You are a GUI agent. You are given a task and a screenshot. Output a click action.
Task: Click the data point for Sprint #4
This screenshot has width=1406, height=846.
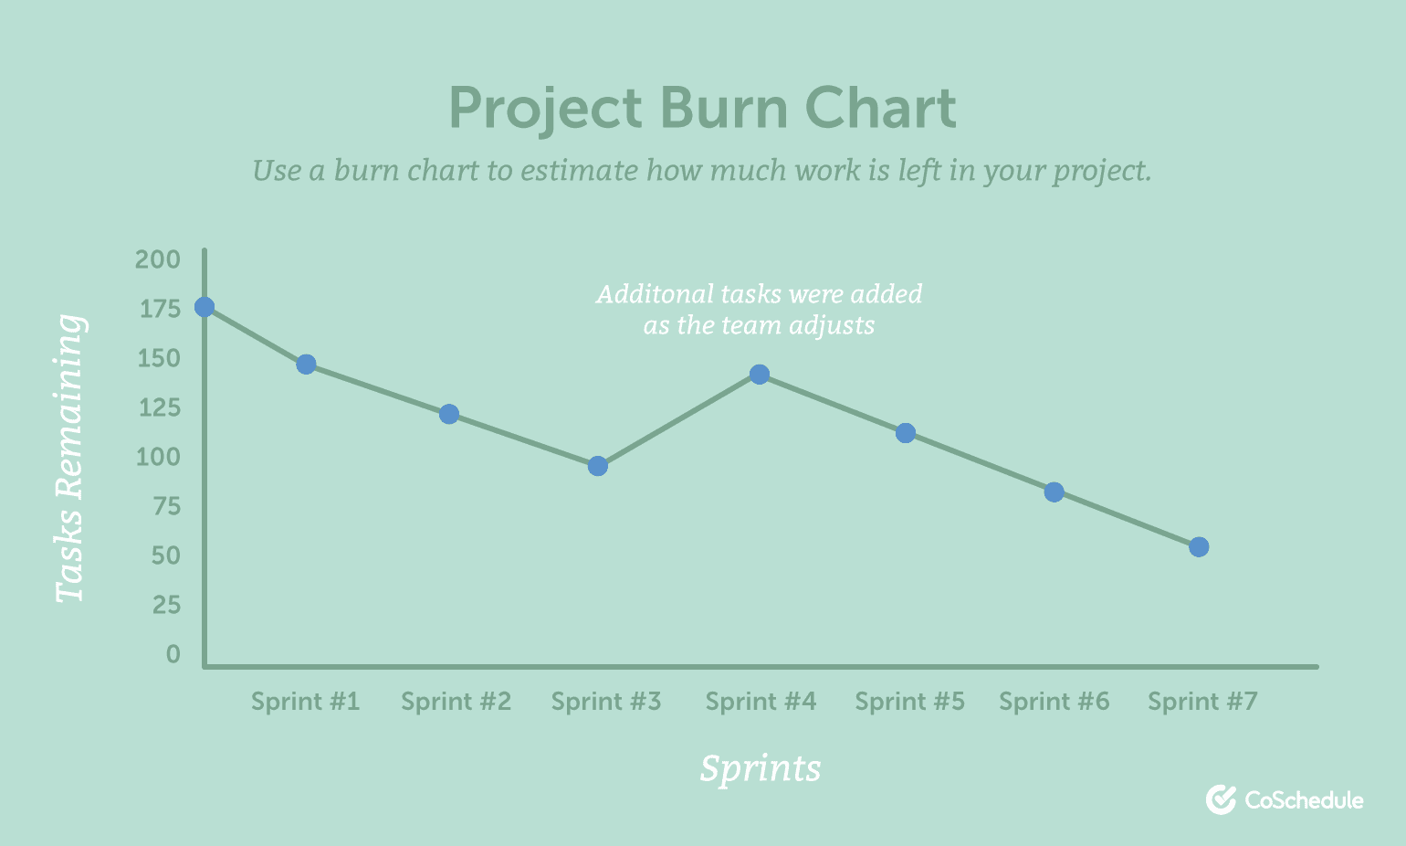tap(760, 375)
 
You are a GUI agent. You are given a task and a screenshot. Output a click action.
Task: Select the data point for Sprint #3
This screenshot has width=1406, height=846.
tap(597, 466)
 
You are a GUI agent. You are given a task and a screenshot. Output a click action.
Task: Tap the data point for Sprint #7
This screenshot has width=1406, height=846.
tap(1199, 547)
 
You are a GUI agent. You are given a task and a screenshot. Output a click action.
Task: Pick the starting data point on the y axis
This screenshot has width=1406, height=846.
tap(204, 307)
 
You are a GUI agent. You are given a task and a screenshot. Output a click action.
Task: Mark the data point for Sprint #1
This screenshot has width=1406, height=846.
tap(306, 365)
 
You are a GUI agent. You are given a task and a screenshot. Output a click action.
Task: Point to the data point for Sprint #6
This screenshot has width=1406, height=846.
tap(1054, 492)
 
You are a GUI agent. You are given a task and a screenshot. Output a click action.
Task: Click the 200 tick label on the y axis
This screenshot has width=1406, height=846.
tap(158, 259)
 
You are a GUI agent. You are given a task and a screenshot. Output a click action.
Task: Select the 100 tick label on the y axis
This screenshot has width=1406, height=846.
tap(158, 457)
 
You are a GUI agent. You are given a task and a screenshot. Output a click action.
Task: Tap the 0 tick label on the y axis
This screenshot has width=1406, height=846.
tap(173, 654)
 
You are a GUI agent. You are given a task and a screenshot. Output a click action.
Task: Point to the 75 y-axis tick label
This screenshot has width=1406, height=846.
tap(166, 506)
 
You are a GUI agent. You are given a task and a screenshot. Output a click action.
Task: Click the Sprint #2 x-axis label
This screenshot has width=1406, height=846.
tap(456, 701)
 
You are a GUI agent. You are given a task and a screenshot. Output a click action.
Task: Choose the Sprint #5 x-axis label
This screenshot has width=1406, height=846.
tap(910, 701)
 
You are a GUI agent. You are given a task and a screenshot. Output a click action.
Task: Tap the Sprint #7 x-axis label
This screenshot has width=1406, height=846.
tap(1202, 701)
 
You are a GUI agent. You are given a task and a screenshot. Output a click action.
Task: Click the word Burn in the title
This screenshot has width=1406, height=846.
tap(723, 108)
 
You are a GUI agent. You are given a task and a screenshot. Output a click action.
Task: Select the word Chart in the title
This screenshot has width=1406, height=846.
tap(881, 108)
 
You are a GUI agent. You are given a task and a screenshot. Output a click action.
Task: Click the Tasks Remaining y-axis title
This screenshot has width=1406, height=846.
tap(69, 459)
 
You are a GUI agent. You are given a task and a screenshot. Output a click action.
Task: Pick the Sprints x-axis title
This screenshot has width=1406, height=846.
tap(761, 768)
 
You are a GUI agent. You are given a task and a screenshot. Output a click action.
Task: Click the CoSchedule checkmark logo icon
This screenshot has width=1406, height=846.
tap(1221, 799)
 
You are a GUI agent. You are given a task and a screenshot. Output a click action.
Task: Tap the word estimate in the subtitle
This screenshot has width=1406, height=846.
tap(580, 170)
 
